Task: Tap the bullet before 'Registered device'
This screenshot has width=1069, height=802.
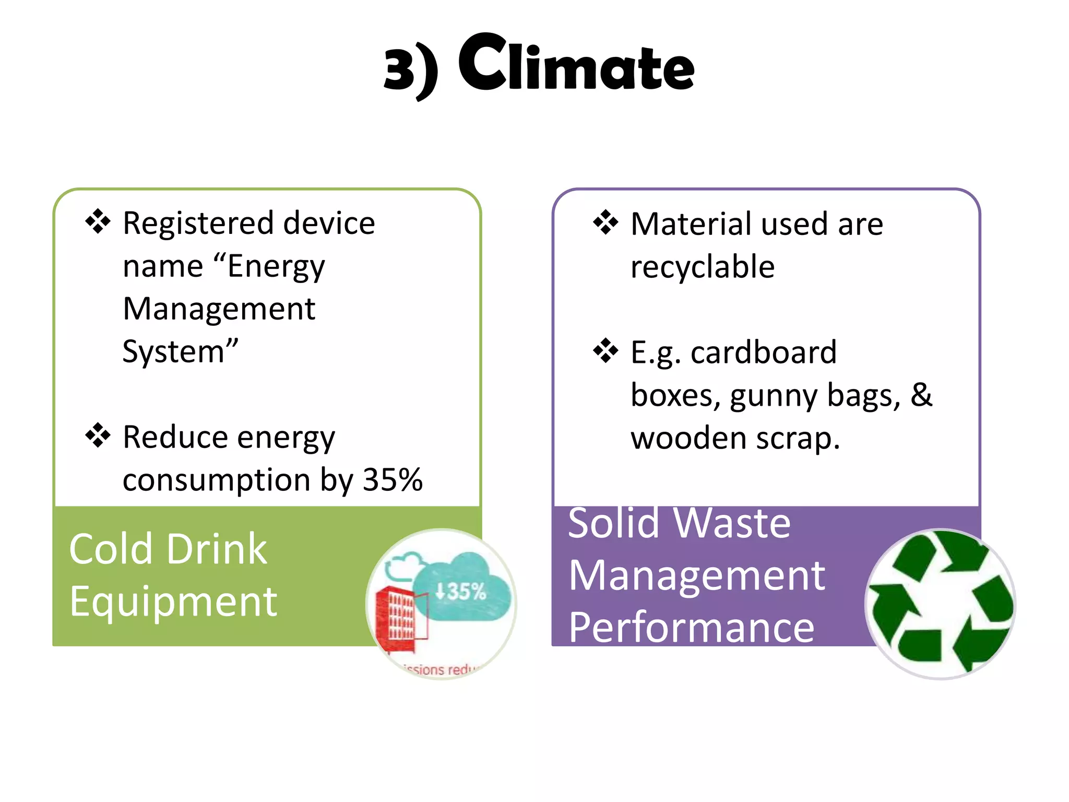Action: [x=98, y=221]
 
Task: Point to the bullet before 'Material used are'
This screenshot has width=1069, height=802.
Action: [x=605, y=222]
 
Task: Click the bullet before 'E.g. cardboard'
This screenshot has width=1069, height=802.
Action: [x=605, y=350]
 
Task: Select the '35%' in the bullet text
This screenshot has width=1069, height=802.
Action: [x=393, y=479]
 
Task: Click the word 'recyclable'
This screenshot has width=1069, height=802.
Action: [x=703, y=267]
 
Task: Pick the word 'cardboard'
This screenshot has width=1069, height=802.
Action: [x=763, y=352]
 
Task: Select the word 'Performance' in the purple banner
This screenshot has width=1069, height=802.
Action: [x=692, y=627]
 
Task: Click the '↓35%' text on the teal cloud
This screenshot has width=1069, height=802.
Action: [x=460, y=592]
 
